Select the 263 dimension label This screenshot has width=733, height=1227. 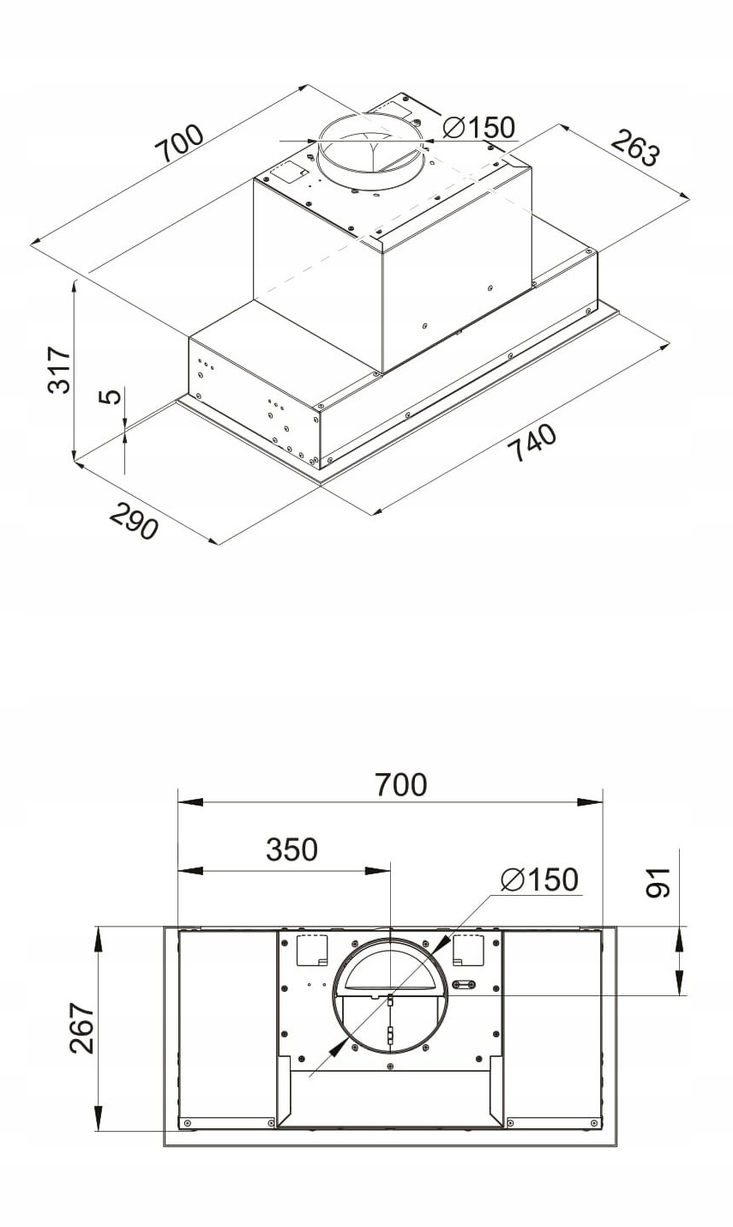(x=635, y=148)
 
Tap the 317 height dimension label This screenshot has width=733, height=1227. (x=58, y=370)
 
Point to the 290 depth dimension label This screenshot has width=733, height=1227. (x=134, y=519)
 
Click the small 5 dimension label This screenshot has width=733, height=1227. (x=109, y=396)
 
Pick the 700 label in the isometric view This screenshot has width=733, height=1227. (x=179, y=144)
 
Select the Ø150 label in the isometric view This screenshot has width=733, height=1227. (x=479, y=128)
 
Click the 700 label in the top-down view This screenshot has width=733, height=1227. (x=400, y=784)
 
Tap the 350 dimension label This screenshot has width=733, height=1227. (x=291, y=849)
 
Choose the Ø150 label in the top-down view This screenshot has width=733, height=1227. (x=539, y=879)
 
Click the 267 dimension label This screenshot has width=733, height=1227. (x=82, y=1027)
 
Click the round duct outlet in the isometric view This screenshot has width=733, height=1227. (x=370, y=150)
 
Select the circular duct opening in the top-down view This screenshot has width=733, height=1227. (x=389, y=995)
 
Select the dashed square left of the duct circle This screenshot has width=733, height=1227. (x=311, y=948)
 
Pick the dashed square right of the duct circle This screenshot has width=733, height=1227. (x=468, y=948)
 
